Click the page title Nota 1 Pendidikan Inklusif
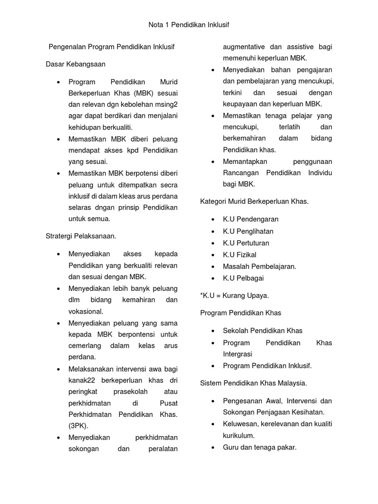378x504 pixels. tap(189, 24)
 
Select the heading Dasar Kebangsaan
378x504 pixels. tap(75, 64)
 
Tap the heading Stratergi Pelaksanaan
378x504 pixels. tap(81, 236)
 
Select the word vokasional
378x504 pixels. tap(86, 311)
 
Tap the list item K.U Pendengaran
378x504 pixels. tap(251, 219)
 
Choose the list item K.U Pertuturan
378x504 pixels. tap(246, 243)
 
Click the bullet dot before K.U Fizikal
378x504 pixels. tap(213, 255)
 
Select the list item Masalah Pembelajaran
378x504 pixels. tap(259, 266)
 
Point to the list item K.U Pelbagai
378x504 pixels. tap(243, 278)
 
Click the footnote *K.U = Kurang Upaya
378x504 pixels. tap(234, 295)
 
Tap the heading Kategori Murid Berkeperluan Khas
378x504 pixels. tap(254, 201)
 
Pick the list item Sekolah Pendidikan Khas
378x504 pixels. tap(262, 330)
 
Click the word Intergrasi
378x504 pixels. tap(237, 354)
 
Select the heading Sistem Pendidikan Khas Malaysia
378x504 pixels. tap(253, 382)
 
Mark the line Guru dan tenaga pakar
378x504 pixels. tap(259, 447)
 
